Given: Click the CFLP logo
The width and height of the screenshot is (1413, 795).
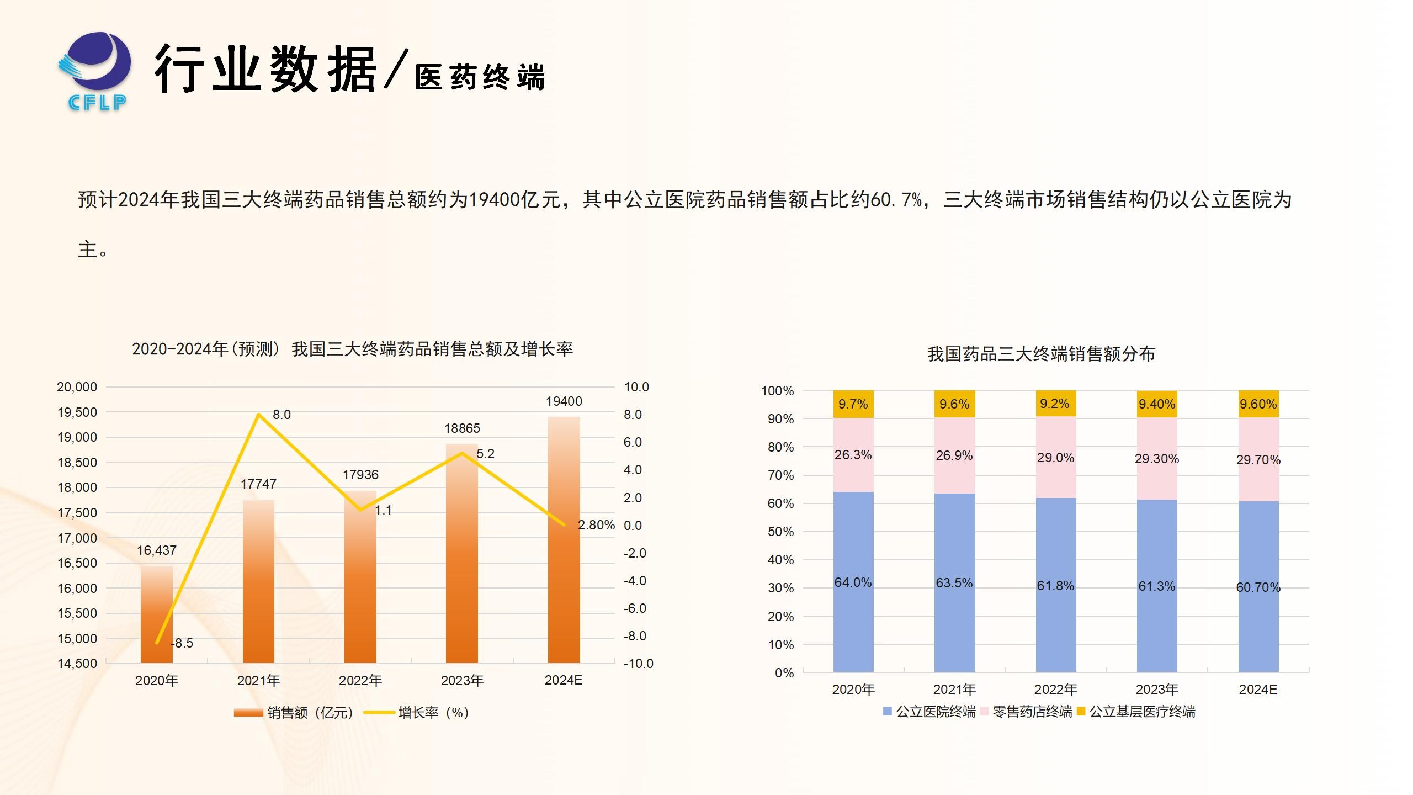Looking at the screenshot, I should click(95, 71).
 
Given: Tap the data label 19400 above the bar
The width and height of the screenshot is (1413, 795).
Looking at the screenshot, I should click(564, 401).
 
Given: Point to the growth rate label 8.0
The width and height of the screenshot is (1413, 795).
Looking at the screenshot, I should click(281, 415).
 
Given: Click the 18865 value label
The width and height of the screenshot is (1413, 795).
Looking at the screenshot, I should click(462, 428).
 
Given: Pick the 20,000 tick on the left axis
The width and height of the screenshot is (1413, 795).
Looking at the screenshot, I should click(77, 387).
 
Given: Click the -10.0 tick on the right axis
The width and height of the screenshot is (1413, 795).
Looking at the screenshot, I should click(638, 664).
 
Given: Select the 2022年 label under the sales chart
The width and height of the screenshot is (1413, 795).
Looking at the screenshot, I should click(360, 681).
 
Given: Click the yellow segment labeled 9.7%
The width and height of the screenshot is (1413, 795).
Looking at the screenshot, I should click(853, 404).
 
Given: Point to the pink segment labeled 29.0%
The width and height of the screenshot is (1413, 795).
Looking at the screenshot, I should click(1055, 458).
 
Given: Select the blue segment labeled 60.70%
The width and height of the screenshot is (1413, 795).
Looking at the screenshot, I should click(1258, 587).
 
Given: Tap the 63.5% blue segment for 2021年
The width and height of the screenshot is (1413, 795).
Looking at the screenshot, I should click(954, 583).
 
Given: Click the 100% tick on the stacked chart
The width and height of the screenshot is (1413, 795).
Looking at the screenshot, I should click(777, 391).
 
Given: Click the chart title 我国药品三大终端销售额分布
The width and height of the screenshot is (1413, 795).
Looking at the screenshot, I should click(1041, 354).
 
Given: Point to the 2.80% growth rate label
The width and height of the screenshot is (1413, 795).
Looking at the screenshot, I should click(596, 525).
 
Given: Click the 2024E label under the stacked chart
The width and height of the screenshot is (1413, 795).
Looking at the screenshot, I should click(1258, 690).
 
